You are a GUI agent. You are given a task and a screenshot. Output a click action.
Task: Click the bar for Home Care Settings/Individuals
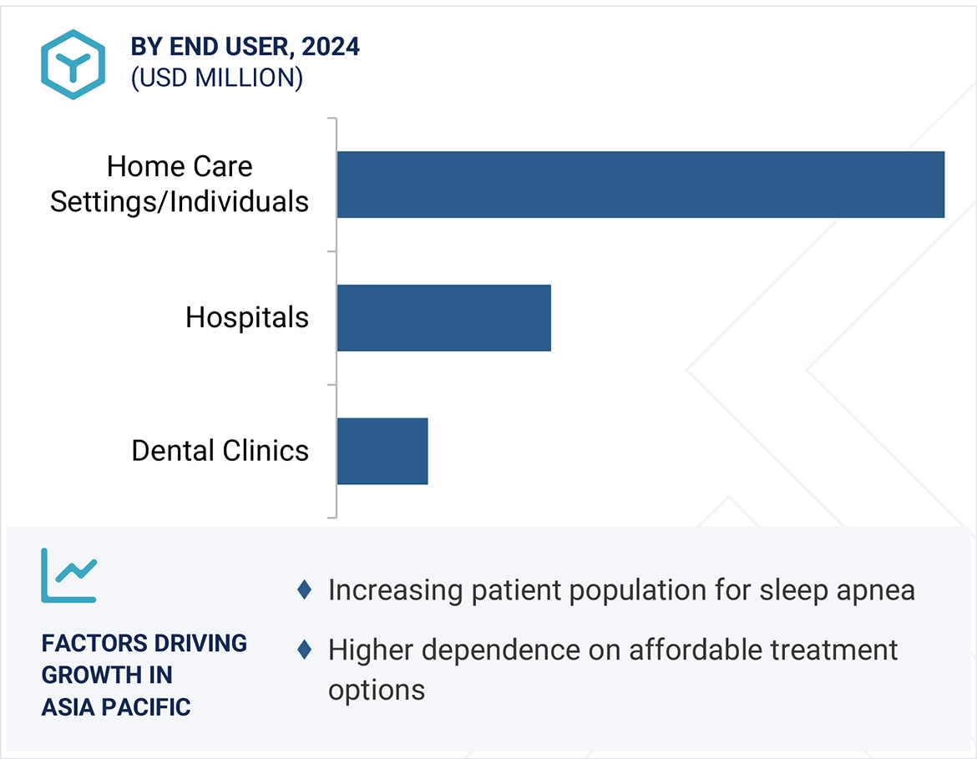[640, 185]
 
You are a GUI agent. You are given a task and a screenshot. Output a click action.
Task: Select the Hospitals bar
[443, 317]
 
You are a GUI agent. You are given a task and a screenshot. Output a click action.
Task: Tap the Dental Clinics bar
[382, 451]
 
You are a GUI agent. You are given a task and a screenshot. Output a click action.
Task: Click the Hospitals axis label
[247, 317]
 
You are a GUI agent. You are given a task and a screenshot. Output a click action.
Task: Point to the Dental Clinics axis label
[220, 451]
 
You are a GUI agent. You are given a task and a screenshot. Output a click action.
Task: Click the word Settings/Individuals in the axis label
[180, 202]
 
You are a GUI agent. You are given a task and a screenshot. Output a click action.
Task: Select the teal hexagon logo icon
[73, 64]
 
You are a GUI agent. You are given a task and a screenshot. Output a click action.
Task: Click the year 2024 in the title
[331, 47]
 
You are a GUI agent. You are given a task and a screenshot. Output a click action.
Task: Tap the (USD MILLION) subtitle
[216, 78]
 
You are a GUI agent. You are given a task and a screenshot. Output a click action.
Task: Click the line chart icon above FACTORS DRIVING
[69, 575]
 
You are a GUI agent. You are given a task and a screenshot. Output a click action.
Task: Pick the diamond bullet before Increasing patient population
[305, 590]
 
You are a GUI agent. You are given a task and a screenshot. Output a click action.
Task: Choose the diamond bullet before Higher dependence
[305, 649]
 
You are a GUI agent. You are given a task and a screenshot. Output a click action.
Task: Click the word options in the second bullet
[376, 691]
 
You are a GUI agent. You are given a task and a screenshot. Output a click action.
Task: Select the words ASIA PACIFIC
[116, 707]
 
